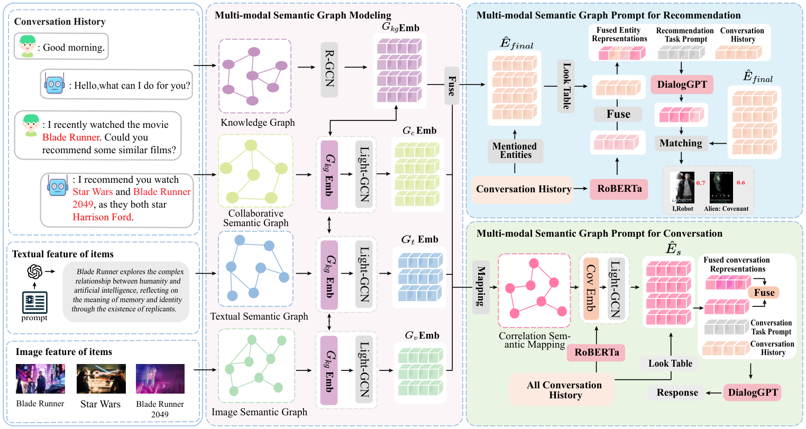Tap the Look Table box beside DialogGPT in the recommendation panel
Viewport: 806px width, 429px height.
(x=566, y=86)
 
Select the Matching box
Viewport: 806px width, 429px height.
(x=681, y=143)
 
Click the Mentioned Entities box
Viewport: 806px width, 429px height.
(x=515, y=151)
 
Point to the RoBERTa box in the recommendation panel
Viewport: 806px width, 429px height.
(x=619, y=189)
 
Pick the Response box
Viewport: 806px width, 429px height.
(x=677, y=393)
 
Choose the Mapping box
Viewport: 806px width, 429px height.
(x=481, y=287)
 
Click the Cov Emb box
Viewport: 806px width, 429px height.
(x=590, y=289)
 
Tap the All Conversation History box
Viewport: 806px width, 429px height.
(x=564, y=390)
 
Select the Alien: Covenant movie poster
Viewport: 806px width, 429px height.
(x=721, y=188)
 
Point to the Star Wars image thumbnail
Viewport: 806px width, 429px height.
(x=101, y=379)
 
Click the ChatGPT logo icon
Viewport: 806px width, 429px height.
(x=35, y=272)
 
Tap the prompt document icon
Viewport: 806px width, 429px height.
(x=35, y=302)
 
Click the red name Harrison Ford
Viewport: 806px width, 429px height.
(x=103, y=217)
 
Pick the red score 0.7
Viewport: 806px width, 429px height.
(x=701, y=183)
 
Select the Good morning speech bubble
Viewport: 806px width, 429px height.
(x=61, y=46)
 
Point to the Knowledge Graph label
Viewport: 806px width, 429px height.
(x=258, y=123)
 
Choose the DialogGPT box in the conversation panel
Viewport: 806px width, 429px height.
(x=753, y=393)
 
